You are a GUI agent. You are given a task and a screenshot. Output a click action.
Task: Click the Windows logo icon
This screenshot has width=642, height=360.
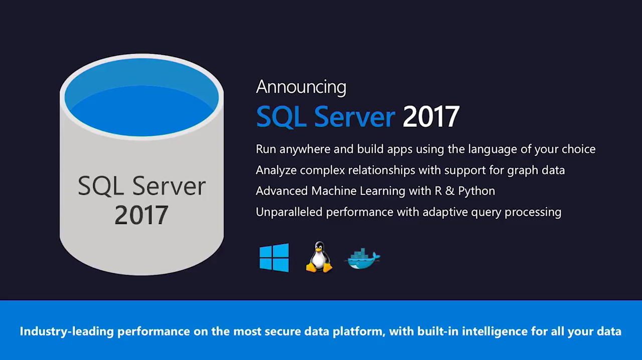point(274,257)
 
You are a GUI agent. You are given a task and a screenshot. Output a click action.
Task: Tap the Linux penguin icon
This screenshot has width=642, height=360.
point(319,257)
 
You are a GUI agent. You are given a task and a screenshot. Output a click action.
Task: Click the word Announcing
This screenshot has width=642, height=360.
point(301,87)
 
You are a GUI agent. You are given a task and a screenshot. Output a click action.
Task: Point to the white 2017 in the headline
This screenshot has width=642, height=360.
point(431,116)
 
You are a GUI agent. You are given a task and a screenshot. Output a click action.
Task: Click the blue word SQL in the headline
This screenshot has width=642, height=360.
point(281,116)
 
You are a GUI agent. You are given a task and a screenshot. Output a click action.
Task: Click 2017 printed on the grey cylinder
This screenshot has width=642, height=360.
point(141,215)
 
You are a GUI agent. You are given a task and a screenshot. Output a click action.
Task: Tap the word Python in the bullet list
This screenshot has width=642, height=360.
point(476,191)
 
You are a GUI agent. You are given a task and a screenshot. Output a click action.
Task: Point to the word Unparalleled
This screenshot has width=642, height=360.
point(289,212)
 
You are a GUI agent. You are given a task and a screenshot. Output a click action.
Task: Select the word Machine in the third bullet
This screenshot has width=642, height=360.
point(333,191)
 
